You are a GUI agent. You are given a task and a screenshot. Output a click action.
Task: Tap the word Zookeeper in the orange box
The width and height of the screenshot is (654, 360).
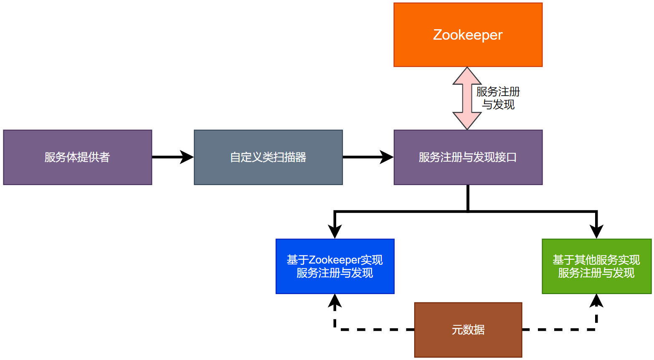(468, 35)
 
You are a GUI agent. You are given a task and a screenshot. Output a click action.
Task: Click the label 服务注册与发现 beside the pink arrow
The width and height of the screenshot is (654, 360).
(498, 98)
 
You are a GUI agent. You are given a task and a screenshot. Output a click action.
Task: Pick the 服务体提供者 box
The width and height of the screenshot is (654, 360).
(77, 157)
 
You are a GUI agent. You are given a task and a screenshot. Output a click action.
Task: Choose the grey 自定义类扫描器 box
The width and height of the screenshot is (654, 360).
(268, 157)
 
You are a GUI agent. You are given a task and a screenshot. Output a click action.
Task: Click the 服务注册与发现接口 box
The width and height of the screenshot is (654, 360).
(468, 157)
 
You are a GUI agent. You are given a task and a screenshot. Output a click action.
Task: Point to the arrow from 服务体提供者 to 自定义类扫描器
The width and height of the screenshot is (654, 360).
(172, 157)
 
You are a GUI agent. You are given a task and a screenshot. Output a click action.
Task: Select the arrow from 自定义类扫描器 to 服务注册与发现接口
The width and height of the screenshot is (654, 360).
(368, 157)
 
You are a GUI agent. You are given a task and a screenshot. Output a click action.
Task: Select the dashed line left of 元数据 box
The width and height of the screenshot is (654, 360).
(376, 330)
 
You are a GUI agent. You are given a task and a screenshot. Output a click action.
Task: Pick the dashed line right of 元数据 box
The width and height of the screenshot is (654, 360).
(560, 330)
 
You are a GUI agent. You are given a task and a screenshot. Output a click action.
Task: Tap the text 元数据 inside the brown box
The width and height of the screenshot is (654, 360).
(468, 330)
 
